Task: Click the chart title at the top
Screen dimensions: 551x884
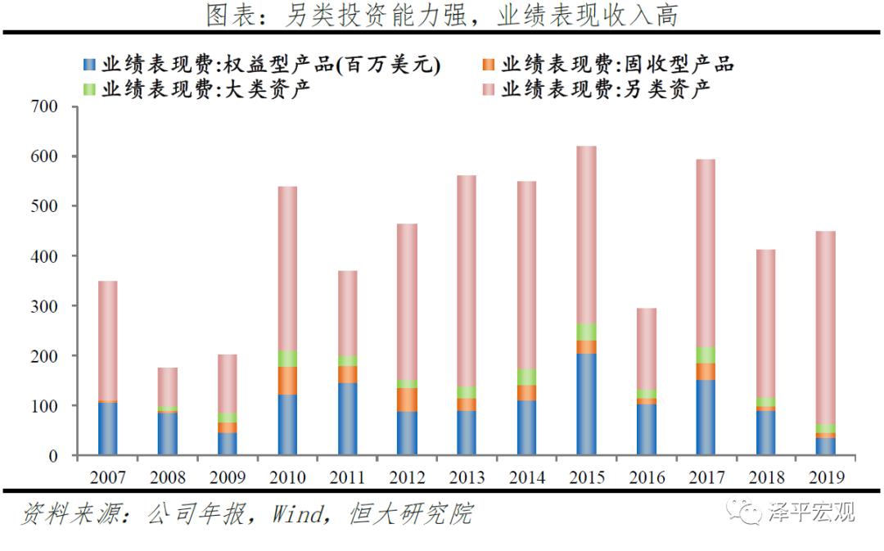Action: (442, 15)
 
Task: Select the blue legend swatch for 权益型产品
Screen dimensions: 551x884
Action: (89, 65)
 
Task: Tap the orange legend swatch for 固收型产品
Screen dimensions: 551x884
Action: (489, 65)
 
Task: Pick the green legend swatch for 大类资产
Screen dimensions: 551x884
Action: (89, 88)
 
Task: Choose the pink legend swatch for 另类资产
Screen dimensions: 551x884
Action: (489, 88)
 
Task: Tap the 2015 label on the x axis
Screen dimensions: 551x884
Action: (587, 476)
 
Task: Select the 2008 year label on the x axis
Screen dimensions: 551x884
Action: (168, 476)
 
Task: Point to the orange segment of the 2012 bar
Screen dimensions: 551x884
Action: (407, 400)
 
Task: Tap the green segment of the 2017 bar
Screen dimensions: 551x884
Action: (706, 355)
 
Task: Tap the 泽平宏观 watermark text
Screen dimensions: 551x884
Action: (810, 513)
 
